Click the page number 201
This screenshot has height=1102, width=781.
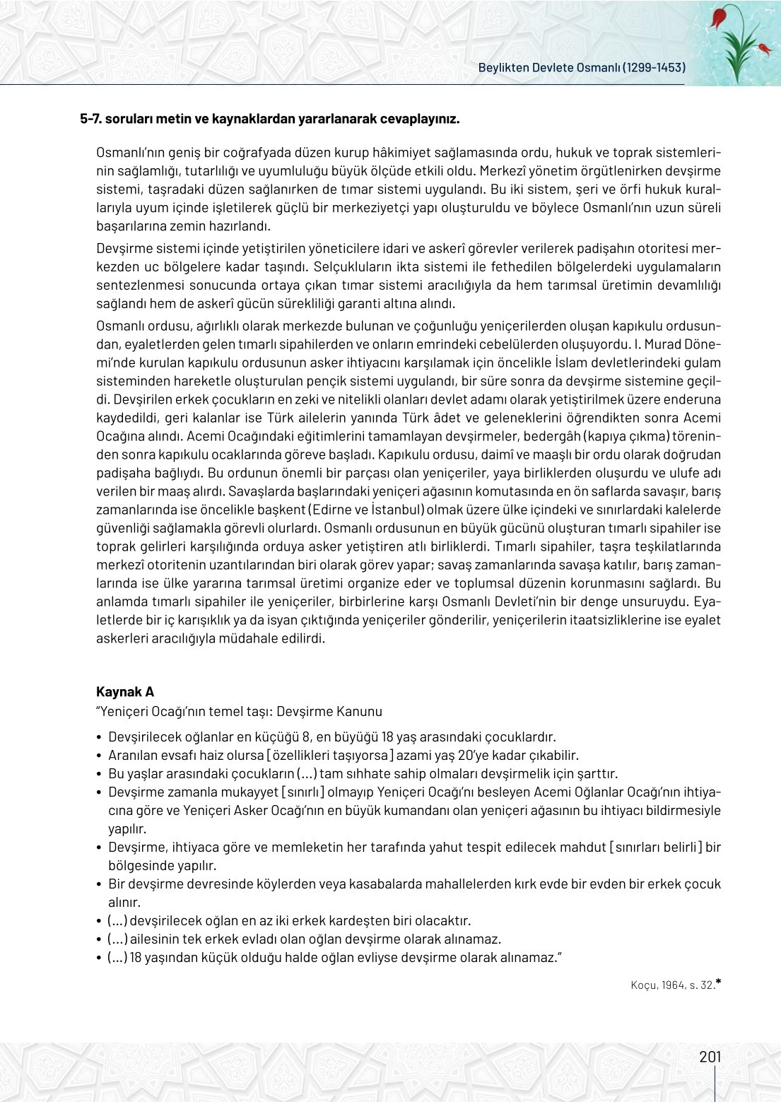710,1057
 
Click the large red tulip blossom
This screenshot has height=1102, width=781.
720,17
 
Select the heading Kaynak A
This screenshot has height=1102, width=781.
125,692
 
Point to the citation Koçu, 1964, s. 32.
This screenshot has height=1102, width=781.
672,985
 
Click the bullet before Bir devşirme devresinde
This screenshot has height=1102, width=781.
100,884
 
